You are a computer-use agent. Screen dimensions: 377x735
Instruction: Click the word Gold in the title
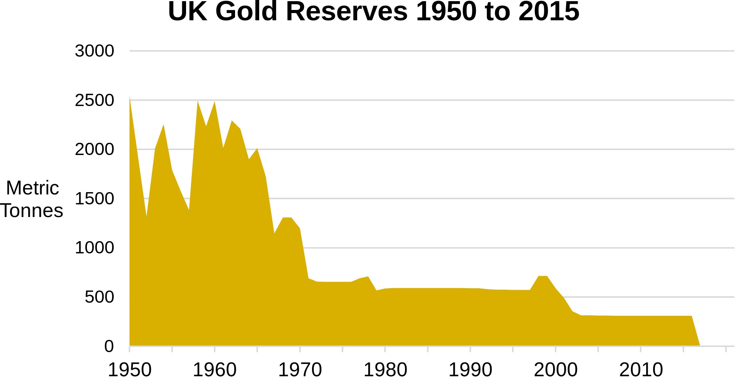pyautogui.click(x=246, y=11)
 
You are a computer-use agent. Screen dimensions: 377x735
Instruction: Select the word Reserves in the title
pyautogui.click(x=347, y=11)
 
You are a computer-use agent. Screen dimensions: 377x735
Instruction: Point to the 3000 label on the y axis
pyautogui.click(x=94, y=51)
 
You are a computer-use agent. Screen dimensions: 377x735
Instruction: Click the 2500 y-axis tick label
pyautogui.click(x=94, y=100)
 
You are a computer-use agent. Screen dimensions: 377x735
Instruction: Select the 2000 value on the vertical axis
pyautogui.click(x=94, y=149)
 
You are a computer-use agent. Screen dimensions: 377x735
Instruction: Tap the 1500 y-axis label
pyautogui.click(x=94, y=199)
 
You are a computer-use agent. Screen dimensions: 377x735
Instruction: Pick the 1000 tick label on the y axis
pyautogui.click(x=94, y=248)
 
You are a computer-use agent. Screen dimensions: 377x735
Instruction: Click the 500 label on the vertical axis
pyautogui.click(x=99, y=297)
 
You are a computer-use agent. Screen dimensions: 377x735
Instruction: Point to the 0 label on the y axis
pyautogui.click(x=109, y=346)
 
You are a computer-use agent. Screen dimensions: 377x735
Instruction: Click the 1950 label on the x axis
pyautogui.click(x=130, y=369)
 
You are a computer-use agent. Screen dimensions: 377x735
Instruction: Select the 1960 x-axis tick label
pyautogui.click(x=215, y=369)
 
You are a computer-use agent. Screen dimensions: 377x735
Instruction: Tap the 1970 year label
pyautogui.click(x=300, y=369)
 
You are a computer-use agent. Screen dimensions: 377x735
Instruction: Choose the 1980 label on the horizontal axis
pyautogui.click(x=385, y=369)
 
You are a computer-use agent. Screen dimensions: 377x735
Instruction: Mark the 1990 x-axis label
pyautogui.click(x=470, y=369)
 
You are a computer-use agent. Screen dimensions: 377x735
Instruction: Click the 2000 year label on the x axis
pyautogui.click(x=555, y=369)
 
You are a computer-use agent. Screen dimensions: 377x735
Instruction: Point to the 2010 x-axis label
pyautogui.click(x=641, y=369)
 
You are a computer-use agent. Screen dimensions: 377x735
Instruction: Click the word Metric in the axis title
pyautogui.click(x=33, y=188)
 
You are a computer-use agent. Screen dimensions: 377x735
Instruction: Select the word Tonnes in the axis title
pyautogui.click(x=32, y=211)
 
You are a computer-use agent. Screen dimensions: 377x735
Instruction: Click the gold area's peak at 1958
pyautogui.click(x=198, y=102)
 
